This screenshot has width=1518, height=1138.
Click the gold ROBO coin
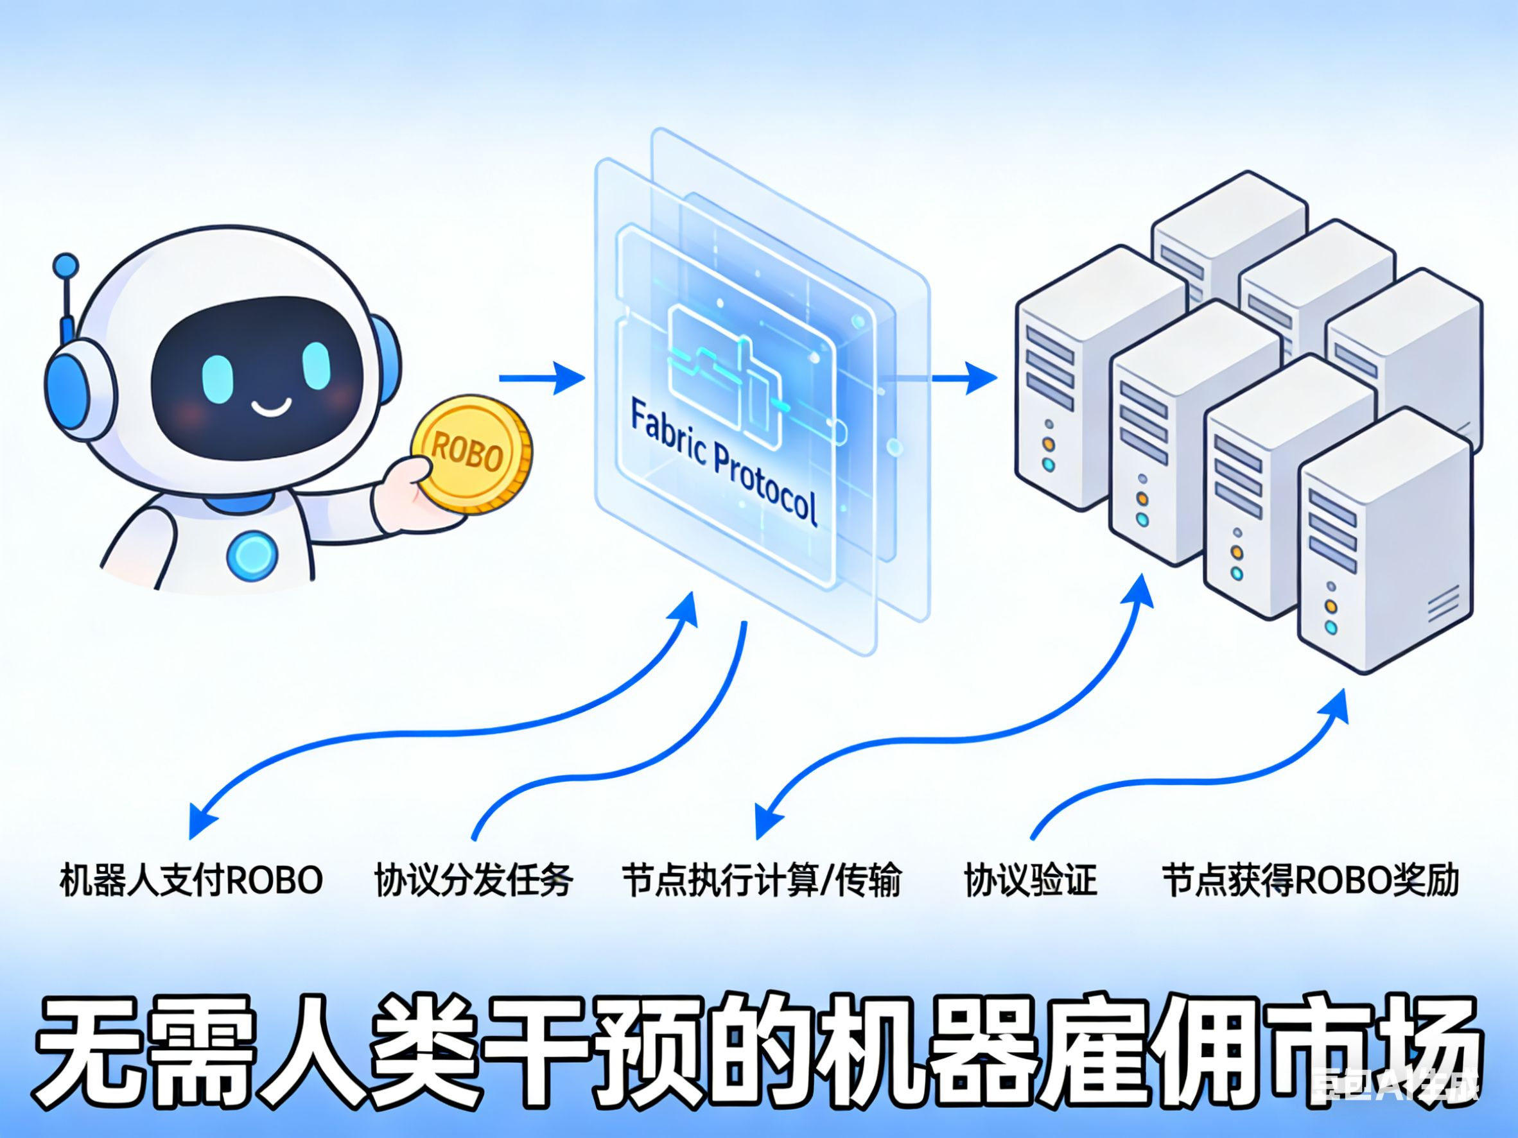coord(472,456)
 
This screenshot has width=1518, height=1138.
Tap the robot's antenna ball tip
coord(66,266)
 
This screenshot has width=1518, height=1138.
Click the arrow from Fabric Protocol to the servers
coord(961,378)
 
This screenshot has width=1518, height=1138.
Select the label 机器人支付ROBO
coord(191,880)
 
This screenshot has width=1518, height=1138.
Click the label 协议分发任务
coord(473,880)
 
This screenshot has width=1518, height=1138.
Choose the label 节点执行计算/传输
coord(761,880)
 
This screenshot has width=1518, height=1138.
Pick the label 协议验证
coord(1030,880)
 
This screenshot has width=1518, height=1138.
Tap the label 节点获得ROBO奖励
coord(1309,880)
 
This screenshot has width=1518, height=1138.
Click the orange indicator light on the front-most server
coord(1330,607)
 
